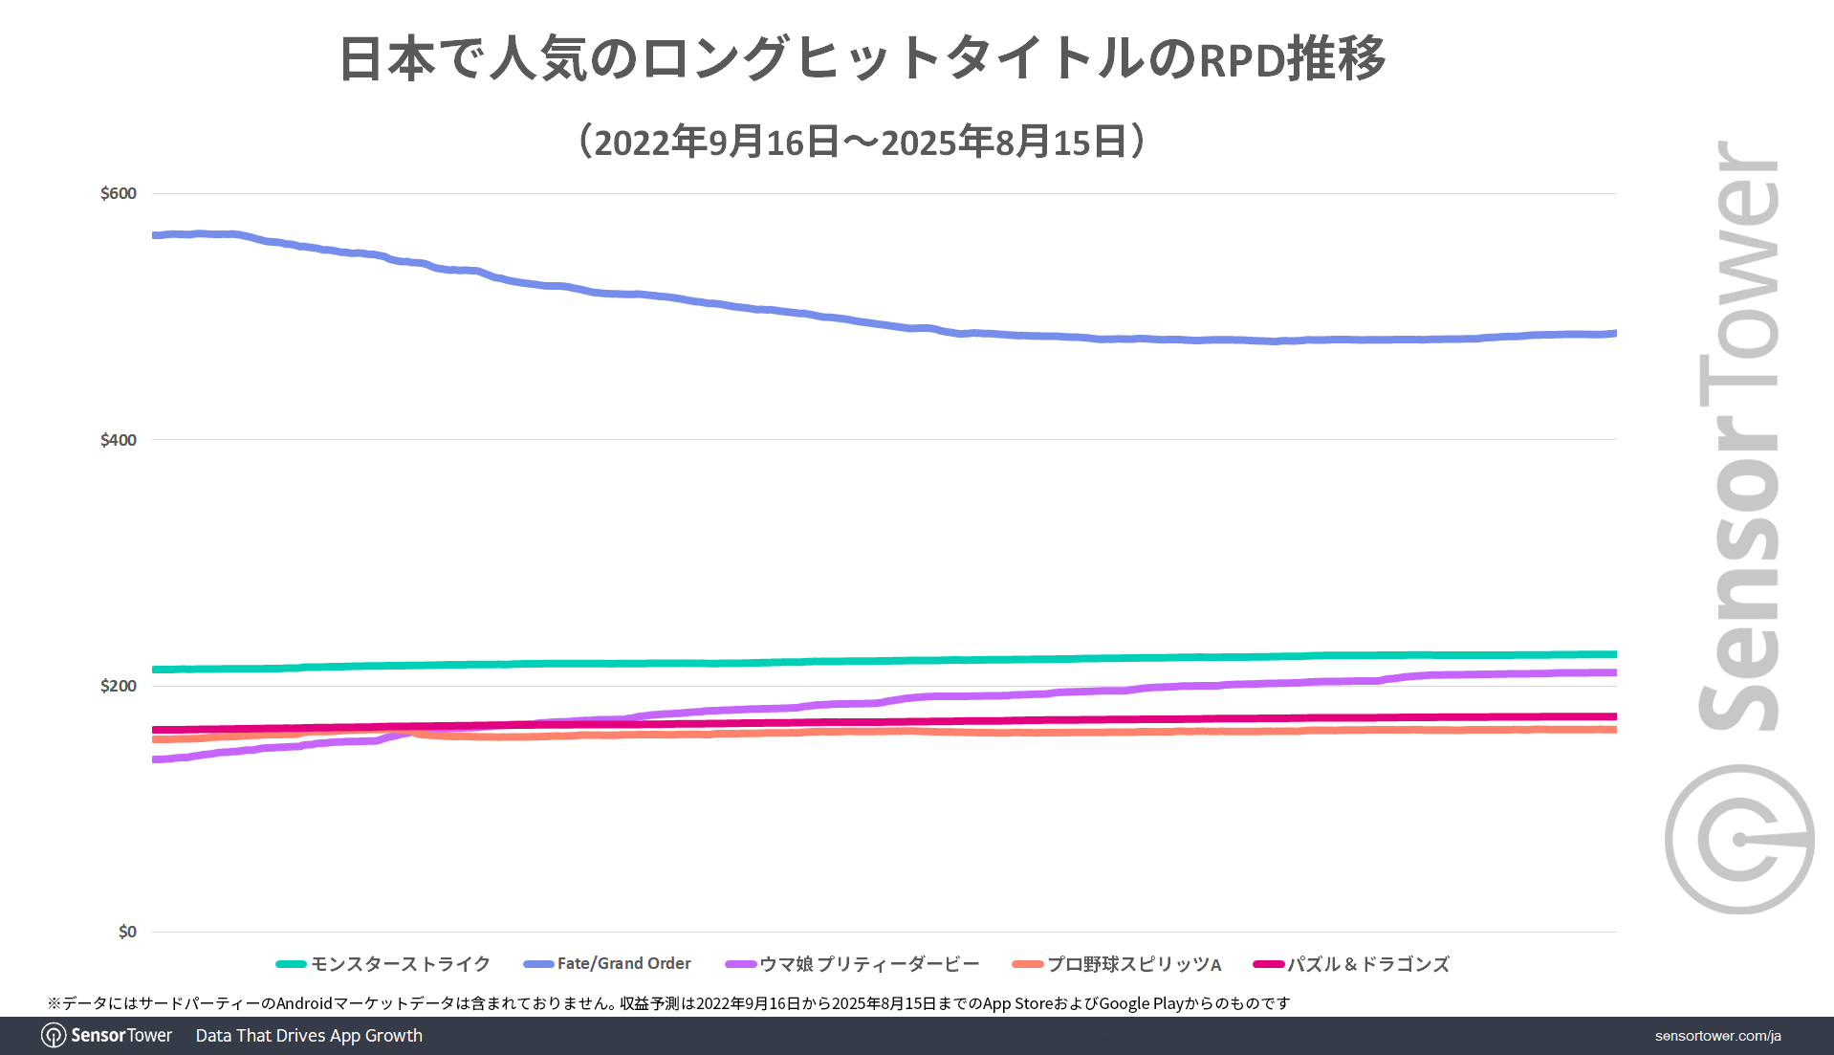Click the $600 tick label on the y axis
[119, 193]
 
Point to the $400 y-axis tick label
[119, 440]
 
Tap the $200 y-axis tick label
[119, 686]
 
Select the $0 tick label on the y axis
[127, 932]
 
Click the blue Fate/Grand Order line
[765, 310]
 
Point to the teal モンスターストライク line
[765, 662]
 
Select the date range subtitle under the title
[862, 142]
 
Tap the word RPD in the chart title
[1241, 59]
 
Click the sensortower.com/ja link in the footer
[1717, 1036]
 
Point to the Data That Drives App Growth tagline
[309, 1035]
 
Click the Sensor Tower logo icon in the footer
[54, 1035]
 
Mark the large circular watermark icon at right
[1738, 839]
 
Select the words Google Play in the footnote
[1142, 1003]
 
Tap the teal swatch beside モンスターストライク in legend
[291, 964]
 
